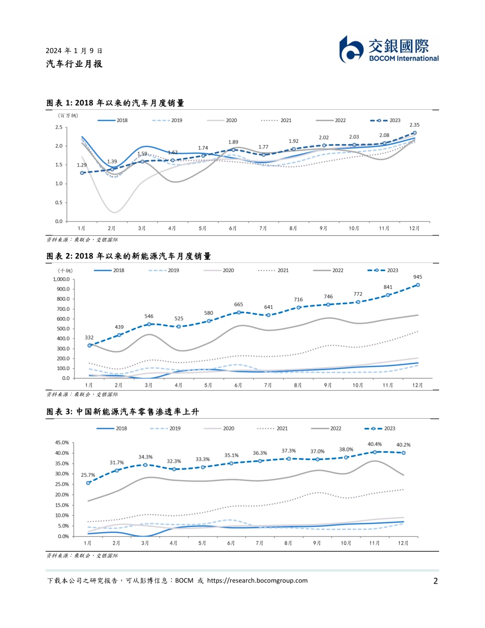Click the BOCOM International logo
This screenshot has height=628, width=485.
(x=389, y=50)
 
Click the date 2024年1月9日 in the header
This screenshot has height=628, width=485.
(x=74, y=51)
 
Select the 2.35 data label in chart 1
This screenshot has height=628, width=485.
(x=415, y=125)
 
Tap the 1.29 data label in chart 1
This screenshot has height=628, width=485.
(x=82, y=165)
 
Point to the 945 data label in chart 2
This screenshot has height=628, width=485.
(x=418, y=277)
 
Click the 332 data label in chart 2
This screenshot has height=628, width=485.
(x=89, y=337)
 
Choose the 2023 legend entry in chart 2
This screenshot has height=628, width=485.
(x=383, y=270)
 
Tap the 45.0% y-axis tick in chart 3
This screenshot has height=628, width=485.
(x=62, y=443)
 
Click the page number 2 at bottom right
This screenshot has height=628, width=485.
(x=435, y=581)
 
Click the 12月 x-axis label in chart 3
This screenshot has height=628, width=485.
(x=403, y=543)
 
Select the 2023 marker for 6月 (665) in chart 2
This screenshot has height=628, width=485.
(x=238, y=312)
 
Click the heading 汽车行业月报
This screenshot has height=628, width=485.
(x=74, y=64)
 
